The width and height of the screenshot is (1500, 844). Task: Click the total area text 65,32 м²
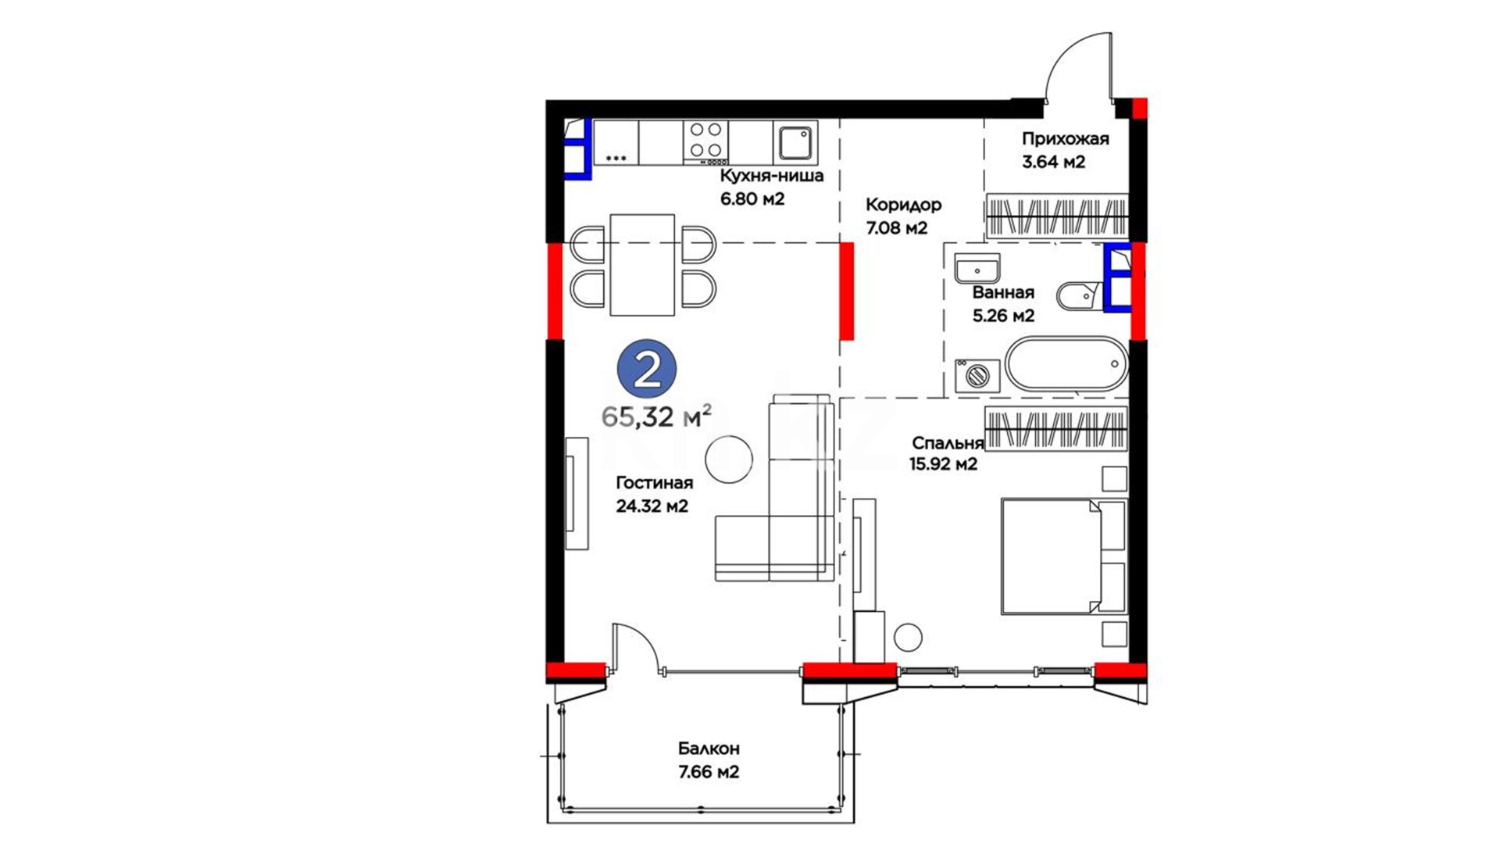(656, 417)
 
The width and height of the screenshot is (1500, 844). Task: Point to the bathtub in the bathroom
(1066, 363)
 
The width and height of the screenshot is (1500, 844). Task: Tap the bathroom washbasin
(977, 268)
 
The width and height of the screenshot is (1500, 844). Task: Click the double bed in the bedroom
(1064, 556)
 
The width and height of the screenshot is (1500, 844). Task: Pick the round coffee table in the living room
(729, 460)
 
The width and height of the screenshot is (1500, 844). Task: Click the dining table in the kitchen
(642, 265)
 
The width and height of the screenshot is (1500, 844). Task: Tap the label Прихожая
(1066, 139)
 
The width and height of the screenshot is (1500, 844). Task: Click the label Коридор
(903, 205)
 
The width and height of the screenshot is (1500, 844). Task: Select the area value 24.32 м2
(652, 506)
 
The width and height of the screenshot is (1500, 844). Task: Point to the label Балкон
(709, 749)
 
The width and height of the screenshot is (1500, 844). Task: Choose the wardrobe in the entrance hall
(1056, 216)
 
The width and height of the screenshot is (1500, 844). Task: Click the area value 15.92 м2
(943, 464)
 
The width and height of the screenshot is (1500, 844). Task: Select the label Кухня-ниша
(772, 175)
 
